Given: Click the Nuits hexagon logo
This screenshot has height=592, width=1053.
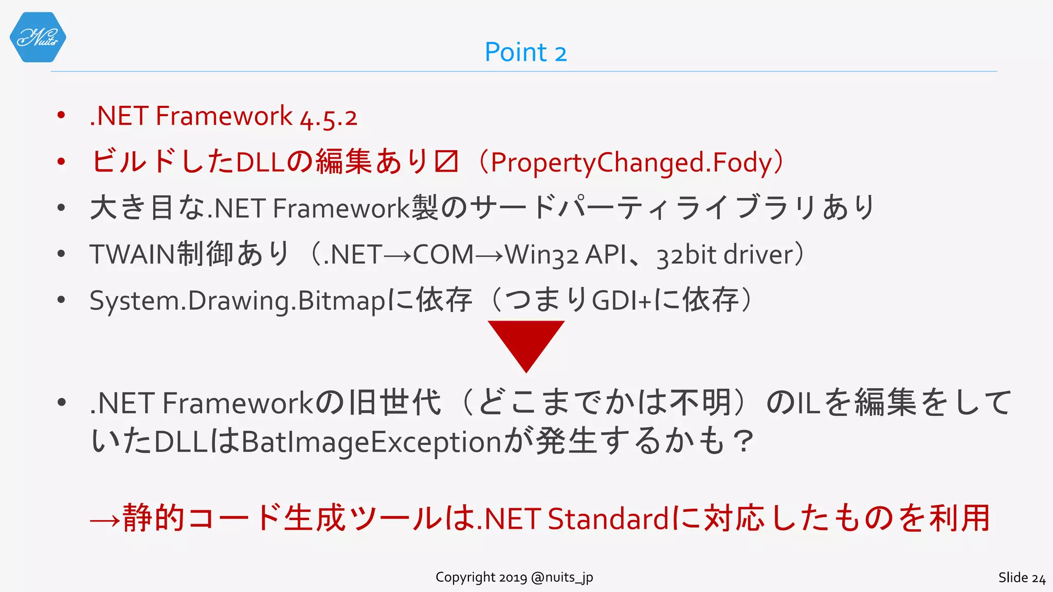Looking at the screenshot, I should click(38, 38).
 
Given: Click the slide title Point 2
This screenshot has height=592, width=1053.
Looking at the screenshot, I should click(525, 52).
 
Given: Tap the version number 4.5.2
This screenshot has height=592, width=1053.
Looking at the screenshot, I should click(329, 117).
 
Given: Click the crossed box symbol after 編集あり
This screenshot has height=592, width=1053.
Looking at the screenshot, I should click(446, 162).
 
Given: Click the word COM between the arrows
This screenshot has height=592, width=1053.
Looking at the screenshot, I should click(443, 254).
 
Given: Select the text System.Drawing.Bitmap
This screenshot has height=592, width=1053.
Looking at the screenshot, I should click(237, 301).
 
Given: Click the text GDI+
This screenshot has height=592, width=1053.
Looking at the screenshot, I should click(622, 301).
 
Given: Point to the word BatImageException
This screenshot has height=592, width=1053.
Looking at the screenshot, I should click(371, 442).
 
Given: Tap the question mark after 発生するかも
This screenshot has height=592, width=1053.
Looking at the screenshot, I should click(743, 442).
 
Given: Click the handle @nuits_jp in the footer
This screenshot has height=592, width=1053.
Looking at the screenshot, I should click(562, 578).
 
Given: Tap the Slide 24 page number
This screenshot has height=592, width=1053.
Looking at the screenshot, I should click(1022, 578).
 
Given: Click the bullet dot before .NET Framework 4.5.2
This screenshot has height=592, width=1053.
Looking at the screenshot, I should click(61, 115).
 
